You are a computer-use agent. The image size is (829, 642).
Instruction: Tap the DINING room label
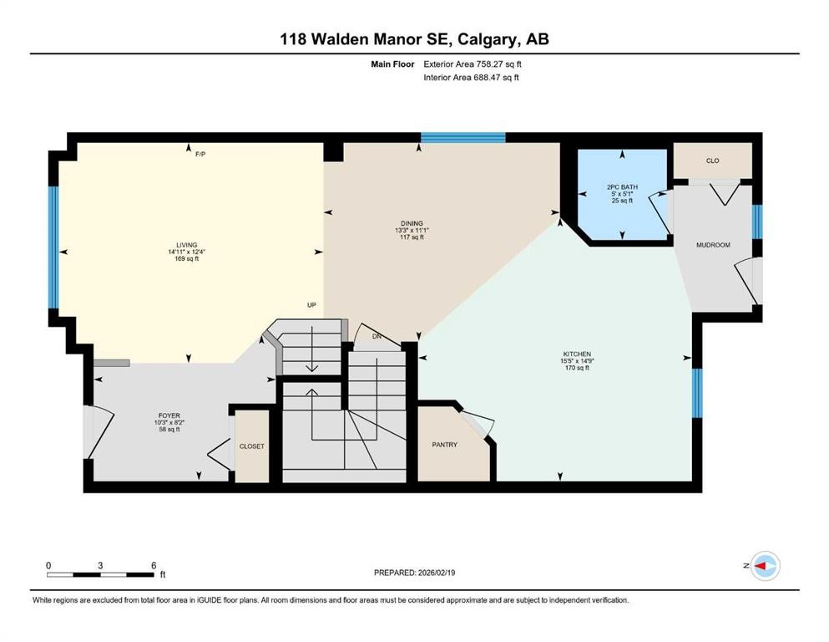point(411,223)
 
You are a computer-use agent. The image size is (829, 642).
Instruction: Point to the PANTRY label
point(445,445)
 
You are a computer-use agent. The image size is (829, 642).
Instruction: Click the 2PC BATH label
point(621,186)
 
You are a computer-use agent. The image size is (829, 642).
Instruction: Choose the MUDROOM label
point(713,245)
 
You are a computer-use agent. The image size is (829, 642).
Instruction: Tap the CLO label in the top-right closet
point(712,160)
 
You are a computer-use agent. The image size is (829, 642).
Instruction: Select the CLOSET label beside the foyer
point(251,446)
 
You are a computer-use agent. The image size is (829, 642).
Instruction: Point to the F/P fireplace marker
point(200,155)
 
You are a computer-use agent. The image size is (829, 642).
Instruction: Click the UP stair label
point(311,305)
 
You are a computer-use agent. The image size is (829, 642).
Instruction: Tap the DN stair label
point(376,336)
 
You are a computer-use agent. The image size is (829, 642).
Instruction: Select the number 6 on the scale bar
point(154,565)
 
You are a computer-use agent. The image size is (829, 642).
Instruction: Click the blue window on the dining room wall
point(463,138)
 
